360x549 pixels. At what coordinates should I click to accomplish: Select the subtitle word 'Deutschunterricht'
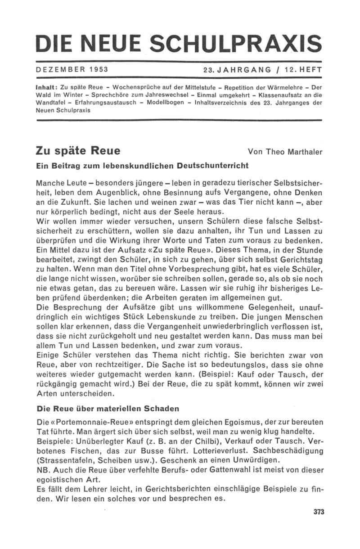coord(213,166)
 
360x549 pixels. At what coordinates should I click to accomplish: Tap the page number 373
coord(318,512)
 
